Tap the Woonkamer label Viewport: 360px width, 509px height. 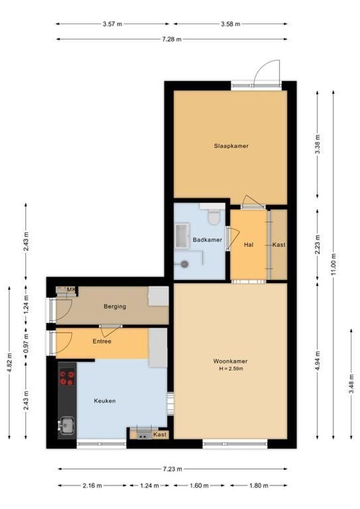point(230,361)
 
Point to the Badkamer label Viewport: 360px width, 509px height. point(207,240)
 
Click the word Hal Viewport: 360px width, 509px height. point(249,245)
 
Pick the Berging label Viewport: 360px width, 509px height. point(115,306)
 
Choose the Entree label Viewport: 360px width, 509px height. point(102,341)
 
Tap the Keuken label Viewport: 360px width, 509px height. point(105,401)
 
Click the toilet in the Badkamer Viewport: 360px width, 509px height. point(215,217)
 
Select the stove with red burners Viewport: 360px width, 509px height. point(67,378)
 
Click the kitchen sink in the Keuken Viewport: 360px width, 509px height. point(66,426)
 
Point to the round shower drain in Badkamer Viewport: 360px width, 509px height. point(185,264)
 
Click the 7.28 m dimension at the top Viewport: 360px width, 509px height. point(172,39)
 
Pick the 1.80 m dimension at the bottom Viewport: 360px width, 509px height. point(259,485)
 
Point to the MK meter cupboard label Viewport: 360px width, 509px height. point(71,289)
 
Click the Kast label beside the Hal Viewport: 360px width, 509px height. point(279,245)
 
